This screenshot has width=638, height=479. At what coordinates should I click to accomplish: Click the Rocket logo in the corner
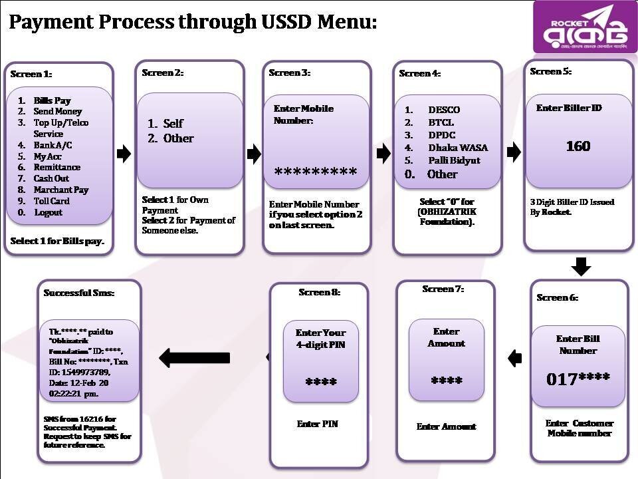tap(584, 27)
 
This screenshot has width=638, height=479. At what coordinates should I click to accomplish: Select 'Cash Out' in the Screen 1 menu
tap(51, 178)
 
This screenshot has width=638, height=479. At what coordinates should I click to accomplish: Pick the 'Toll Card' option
tap(51, 201)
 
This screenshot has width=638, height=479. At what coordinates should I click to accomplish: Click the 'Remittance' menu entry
tap(56, 167)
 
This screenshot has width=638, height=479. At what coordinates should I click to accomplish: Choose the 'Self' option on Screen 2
tap(172, 124)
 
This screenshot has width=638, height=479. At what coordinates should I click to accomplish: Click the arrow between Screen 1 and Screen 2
tap(124, 155)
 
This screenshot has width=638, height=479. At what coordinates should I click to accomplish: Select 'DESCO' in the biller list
tap(443, 110)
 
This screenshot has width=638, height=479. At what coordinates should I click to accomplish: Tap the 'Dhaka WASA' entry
tap(454, 148)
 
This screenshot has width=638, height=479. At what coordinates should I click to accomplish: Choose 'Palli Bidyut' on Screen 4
tap(454, 160)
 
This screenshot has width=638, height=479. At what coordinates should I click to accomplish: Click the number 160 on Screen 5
tap(578, 146)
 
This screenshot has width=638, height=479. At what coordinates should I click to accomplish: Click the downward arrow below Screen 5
tap(581, 267)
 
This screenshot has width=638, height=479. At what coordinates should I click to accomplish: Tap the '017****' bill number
tap(578, 380)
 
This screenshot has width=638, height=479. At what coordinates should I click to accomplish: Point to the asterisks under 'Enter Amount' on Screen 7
tap(446, 381)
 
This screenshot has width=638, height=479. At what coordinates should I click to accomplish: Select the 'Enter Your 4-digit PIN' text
tap(320, 339)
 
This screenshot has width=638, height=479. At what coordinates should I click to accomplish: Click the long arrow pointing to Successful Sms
tap(185, 358)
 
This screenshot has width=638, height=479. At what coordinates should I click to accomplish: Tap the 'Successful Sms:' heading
tap(78, 293)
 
